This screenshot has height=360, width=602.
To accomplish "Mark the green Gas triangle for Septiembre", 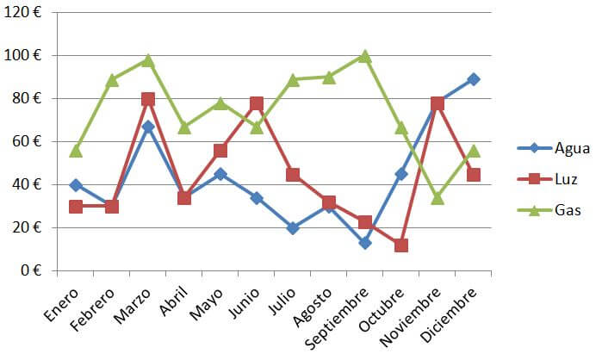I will pos(365,56).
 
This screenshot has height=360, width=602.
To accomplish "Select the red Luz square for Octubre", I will pos(401,245).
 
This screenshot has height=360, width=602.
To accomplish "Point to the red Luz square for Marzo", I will pos(148,99).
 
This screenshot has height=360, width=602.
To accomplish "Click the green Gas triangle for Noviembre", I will pos(438,197).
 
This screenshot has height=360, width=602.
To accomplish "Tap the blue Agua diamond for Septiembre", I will pos(365,243).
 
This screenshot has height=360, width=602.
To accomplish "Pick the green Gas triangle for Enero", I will pos(76,150).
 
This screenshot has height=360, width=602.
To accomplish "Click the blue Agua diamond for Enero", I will pos(76,185).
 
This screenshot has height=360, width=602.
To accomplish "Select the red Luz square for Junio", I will pos(257,103).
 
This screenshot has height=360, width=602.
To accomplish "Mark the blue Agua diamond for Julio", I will pos(293,228).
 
